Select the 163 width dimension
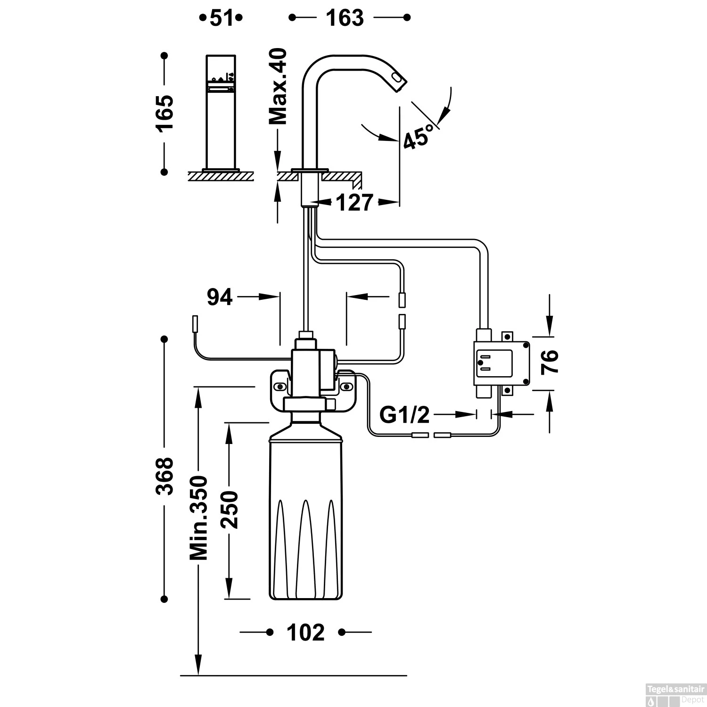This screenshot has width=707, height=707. tap(345, 18)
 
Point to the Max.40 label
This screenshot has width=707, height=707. tap(278, 86)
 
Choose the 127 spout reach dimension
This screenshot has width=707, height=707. tap(354, 203)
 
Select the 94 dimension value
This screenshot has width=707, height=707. tap(220, 297)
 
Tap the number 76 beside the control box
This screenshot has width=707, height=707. tap(550, 362)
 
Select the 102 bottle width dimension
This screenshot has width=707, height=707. tap(306, 633)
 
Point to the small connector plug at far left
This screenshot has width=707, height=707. tap(194, 325)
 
